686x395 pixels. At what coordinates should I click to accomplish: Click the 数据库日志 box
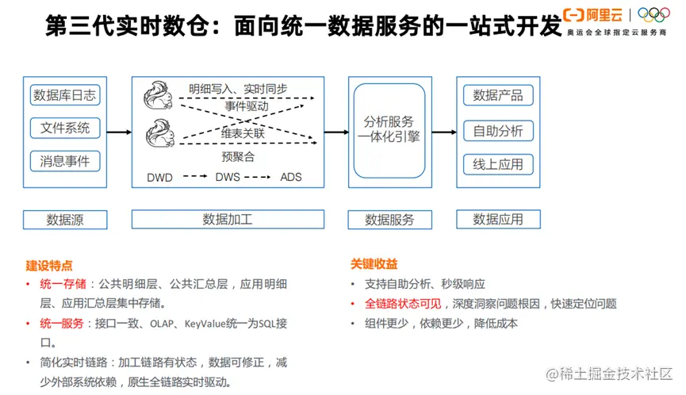65,96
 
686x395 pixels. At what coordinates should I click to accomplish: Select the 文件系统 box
65,128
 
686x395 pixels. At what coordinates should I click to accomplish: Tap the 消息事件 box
65,162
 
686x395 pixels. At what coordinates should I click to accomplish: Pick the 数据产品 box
498,96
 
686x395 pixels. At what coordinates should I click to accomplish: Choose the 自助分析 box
498,131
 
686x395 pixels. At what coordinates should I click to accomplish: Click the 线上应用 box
498,164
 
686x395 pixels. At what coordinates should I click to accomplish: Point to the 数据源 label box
65,220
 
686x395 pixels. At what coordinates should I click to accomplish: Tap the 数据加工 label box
228,220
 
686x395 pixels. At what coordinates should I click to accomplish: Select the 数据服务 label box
389,220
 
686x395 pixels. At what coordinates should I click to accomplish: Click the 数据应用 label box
498,220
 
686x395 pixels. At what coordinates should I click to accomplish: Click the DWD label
159,177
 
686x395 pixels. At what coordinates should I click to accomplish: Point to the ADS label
291,177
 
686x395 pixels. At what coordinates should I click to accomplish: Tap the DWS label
228,177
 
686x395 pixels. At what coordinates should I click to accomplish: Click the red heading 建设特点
49,265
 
